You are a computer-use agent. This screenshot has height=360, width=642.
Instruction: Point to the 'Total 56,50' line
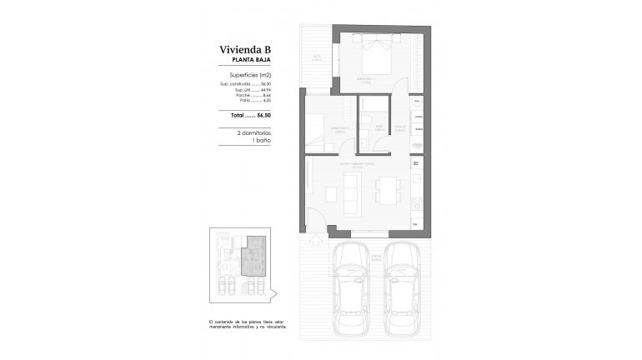[x=250, y=114]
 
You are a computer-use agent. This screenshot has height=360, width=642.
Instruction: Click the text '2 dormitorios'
[x=250, y=133]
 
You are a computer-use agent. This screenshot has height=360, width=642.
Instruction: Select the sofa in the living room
[x=331, y=193]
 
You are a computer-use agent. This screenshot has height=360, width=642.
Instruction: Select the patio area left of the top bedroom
[x=318, y=58]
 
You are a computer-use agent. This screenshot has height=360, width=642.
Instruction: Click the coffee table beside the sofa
[x=351, y=192]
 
